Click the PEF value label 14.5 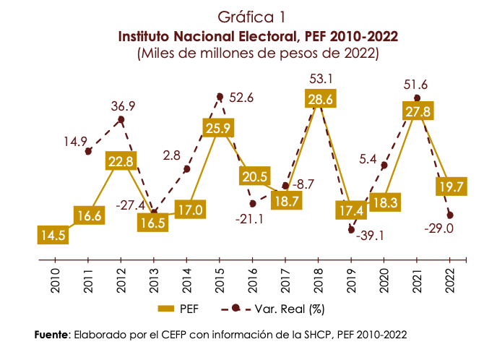[53, 235]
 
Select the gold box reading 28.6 [319, 100]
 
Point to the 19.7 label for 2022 [450, 187]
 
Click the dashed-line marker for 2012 [121, 119]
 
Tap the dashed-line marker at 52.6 [220, 96]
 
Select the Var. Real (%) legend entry [277, 309]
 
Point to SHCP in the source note [323, 335]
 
